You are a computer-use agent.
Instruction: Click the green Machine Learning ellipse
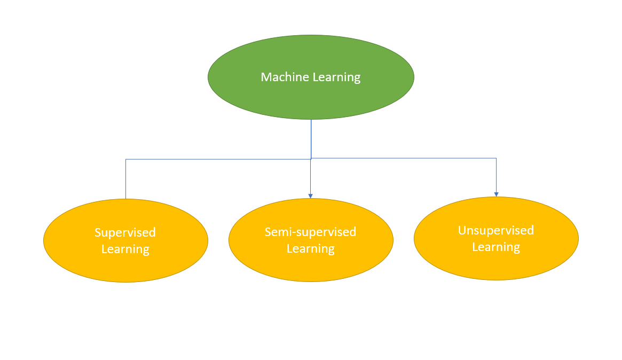(311, 99)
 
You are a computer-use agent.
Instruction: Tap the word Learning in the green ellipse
(336, 77)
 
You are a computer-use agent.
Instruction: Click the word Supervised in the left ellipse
(125, 233)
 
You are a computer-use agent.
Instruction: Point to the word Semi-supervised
(310, 232)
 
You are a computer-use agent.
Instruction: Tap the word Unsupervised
(495, 231)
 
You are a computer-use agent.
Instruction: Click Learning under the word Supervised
(125, 249)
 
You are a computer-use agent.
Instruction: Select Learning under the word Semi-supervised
(310, 249)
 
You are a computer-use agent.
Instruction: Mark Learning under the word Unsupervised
(495, 247)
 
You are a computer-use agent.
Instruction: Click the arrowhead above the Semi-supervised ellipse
(310, 196)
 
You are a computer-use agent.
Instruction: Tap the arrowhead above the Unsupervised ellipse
(496, 194)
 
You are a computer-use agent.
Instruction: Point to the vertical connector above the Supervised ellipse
(125, 179)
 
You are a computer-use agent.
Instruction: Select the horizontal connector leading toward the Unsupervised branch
(406, 158)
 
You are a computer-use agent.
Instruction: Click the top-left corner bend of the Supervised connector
(125, 159)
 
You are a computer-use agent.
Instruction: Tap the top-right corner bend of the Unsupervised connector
(496, 158)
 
